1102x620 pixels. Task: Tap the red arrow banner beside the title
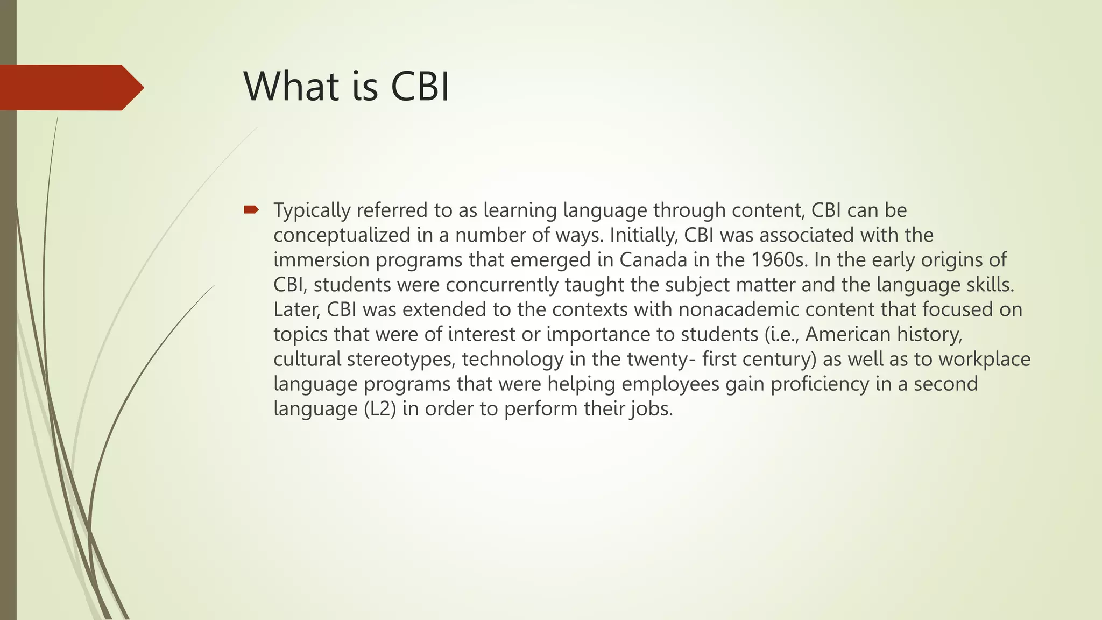pyautogui.click(x=70, y=87)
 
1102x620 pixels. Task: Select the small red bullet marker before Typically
pyautogui.click(x=251, y=209)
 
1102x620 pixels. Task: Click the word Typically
pyautogui.click(x=312, y=210)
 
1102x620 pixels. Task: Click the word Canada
pyautogui.click(x=653, y=260)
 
